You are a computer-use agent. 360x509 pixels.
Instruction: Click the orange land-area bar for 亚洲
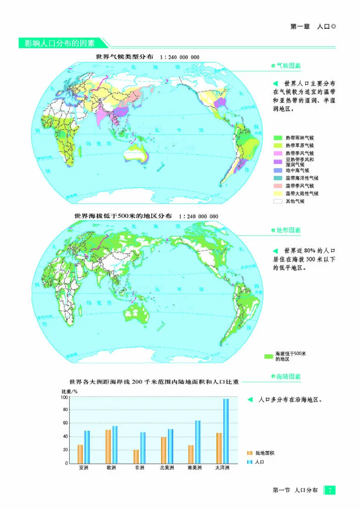pyautogui.click(x=80, y=454)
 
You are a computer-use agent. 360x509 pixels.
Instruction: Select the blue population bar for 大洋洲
pyautogui.click(x=226, y=431)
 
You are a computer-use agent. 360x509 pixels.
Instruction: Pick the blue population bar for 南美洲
pyautogui.click(x=198, y=442)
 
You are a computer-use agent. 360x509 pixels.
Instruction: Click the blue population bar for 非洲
pyautogui.click(x=143, y=447)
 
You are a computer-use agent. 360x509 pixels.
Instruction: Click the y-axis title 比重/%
pyautogui.click(x=69, y=391)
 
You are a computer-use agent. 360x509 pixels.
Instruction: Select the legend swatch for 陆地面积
pyautogui.click(x=250, y=453)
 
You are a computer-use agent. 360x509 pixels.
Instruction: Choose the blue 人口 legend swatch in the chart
pyautogui.click(x=250, y=462)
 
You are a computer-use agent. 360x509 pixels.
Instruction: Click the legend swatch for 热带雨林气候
pyautogui.click(x=278, y=137)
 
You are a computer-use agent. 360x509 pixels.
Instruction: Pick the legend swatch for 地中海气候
pyautogui.click(x=278, y=170)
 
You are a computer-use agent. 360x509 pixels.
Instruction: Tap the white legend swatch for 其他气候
pyautogui.click(x=278, y=201)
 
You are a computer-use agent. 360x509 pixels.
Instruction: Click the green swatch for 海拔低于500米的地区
pyautogui.click(x=269, y=356)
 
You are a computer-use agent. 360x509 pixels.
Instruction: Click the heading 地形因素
pyautogui.click(x=288, y=230)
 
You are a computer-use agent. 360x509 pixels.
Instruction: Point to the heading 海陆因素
pyautogui.click(x=288, y=377)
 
